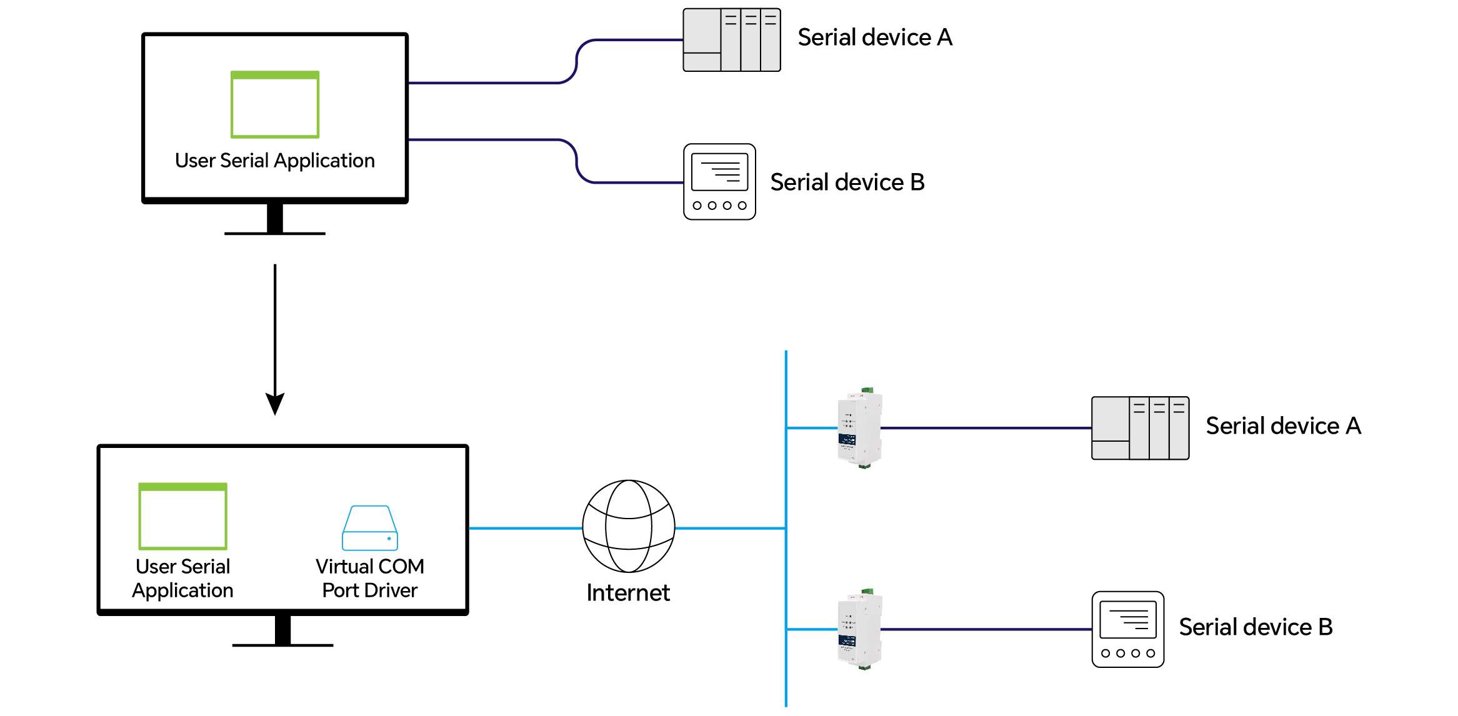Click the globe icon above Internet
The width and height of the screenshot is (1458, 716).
(628, 526)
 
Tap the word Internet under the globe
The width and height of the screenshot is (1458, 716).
(628, 592)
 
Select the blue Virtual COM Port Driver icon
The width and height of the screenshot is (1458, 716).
(370, 528)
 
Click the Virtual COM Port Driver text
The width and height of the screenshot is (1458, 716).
(370, 578)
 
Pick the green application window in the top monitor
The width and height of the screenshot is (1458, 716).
(275, 104)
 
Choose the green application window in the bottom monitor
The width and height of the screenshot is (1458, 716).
(182, 516)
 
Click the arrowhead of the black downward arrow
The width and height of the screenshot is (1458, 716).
(275, 403)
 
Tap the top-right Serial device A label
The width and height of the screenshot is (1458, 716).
(875, 37)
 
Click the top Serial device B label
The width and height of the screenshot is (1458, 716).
(847, 182)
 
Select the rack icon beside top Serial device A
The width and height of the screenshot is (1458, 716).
(732, 40)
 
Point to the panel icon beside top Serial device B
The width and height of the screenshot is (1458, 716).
(719, 182)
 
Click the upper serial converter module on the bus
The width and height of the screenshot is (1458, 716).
(860, 428)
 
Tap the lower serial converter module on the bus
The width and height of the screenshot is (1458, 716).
(860, 629)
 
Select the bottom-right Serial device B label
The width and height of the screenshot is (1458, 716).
(1256, 627)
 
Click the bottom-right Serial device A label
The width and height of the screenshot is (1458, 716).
(1283, 426)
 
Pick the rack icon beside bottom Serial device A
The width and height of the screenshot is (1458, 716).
(1140, 428)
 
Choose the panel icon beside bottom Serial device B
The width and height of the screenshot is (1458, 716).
(1127, 629)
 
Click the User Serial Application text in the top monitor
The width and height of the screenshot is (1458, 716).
(275, 161)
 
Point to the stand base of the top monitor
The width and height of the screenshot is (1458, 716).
(275, 234)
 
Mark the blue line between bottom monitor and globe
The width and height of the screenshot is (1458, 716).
(525, 528)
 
